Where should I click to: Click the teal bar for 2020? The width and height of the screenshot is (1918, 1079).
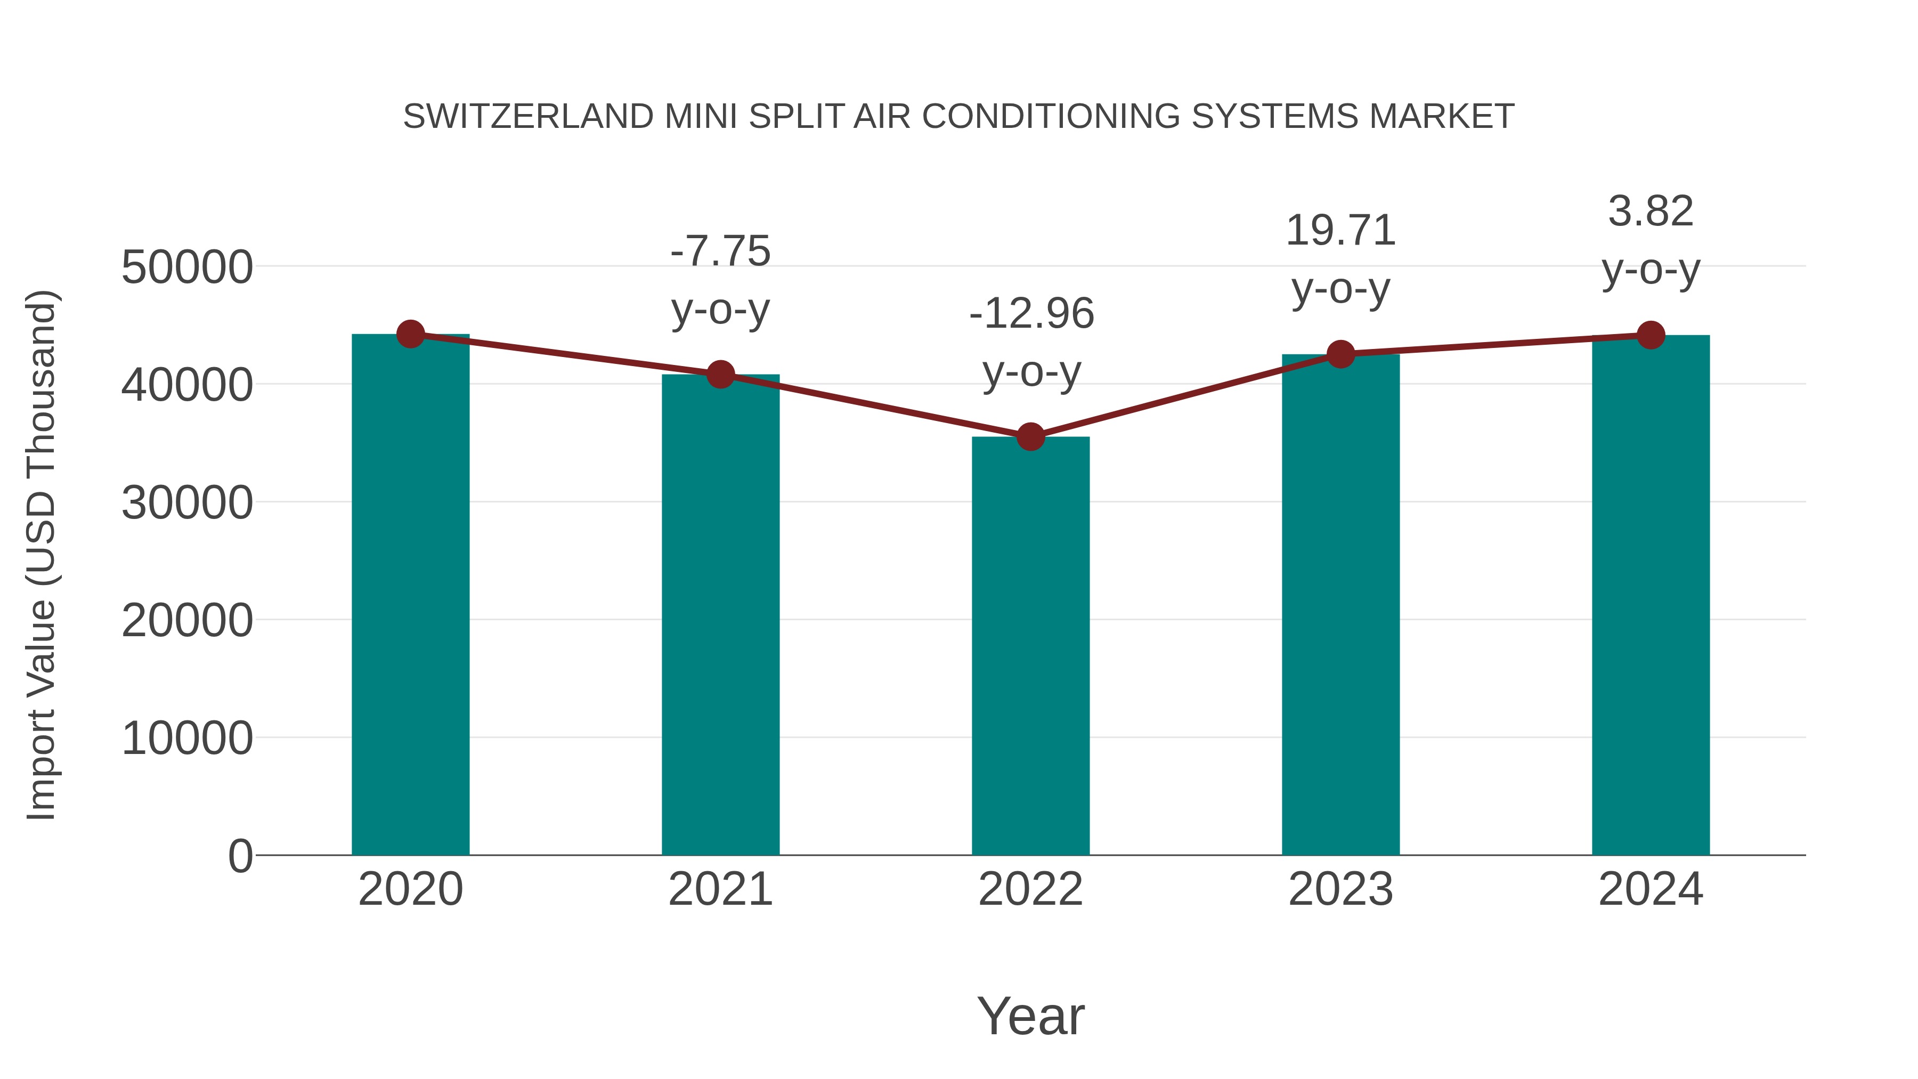pyautogui.click(x=410, y=596)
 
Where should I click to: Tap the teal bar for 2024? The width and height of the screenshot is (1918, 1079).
pyautogui.click(x=1651, y=596)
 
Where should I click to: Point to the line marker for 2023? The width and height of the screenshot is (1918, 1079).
pyautogui.click(x=1340, y=354)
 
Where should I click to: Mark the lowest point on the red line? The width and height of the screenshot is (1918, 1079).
pyautogui.click(x=1030, y=436)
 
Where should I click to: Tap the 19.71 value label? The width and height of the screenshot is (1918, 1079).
pyautogui.click(x=1340, y=231)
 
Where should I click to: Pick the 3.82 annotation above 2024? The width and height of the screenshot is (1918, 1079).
pyautogui.click(x=1651, y=212)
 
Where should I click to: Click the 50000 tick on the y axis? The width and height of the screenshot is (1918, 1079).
pyautogui.click(x=187, y=267)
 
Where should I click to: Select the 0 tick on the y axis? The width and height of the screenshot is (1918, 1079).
pyautogui.click(x=240, y=856)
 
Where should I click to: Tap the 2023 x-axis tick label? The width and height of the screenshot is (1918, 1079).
pyautogui.click(x=1340, y=889)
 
